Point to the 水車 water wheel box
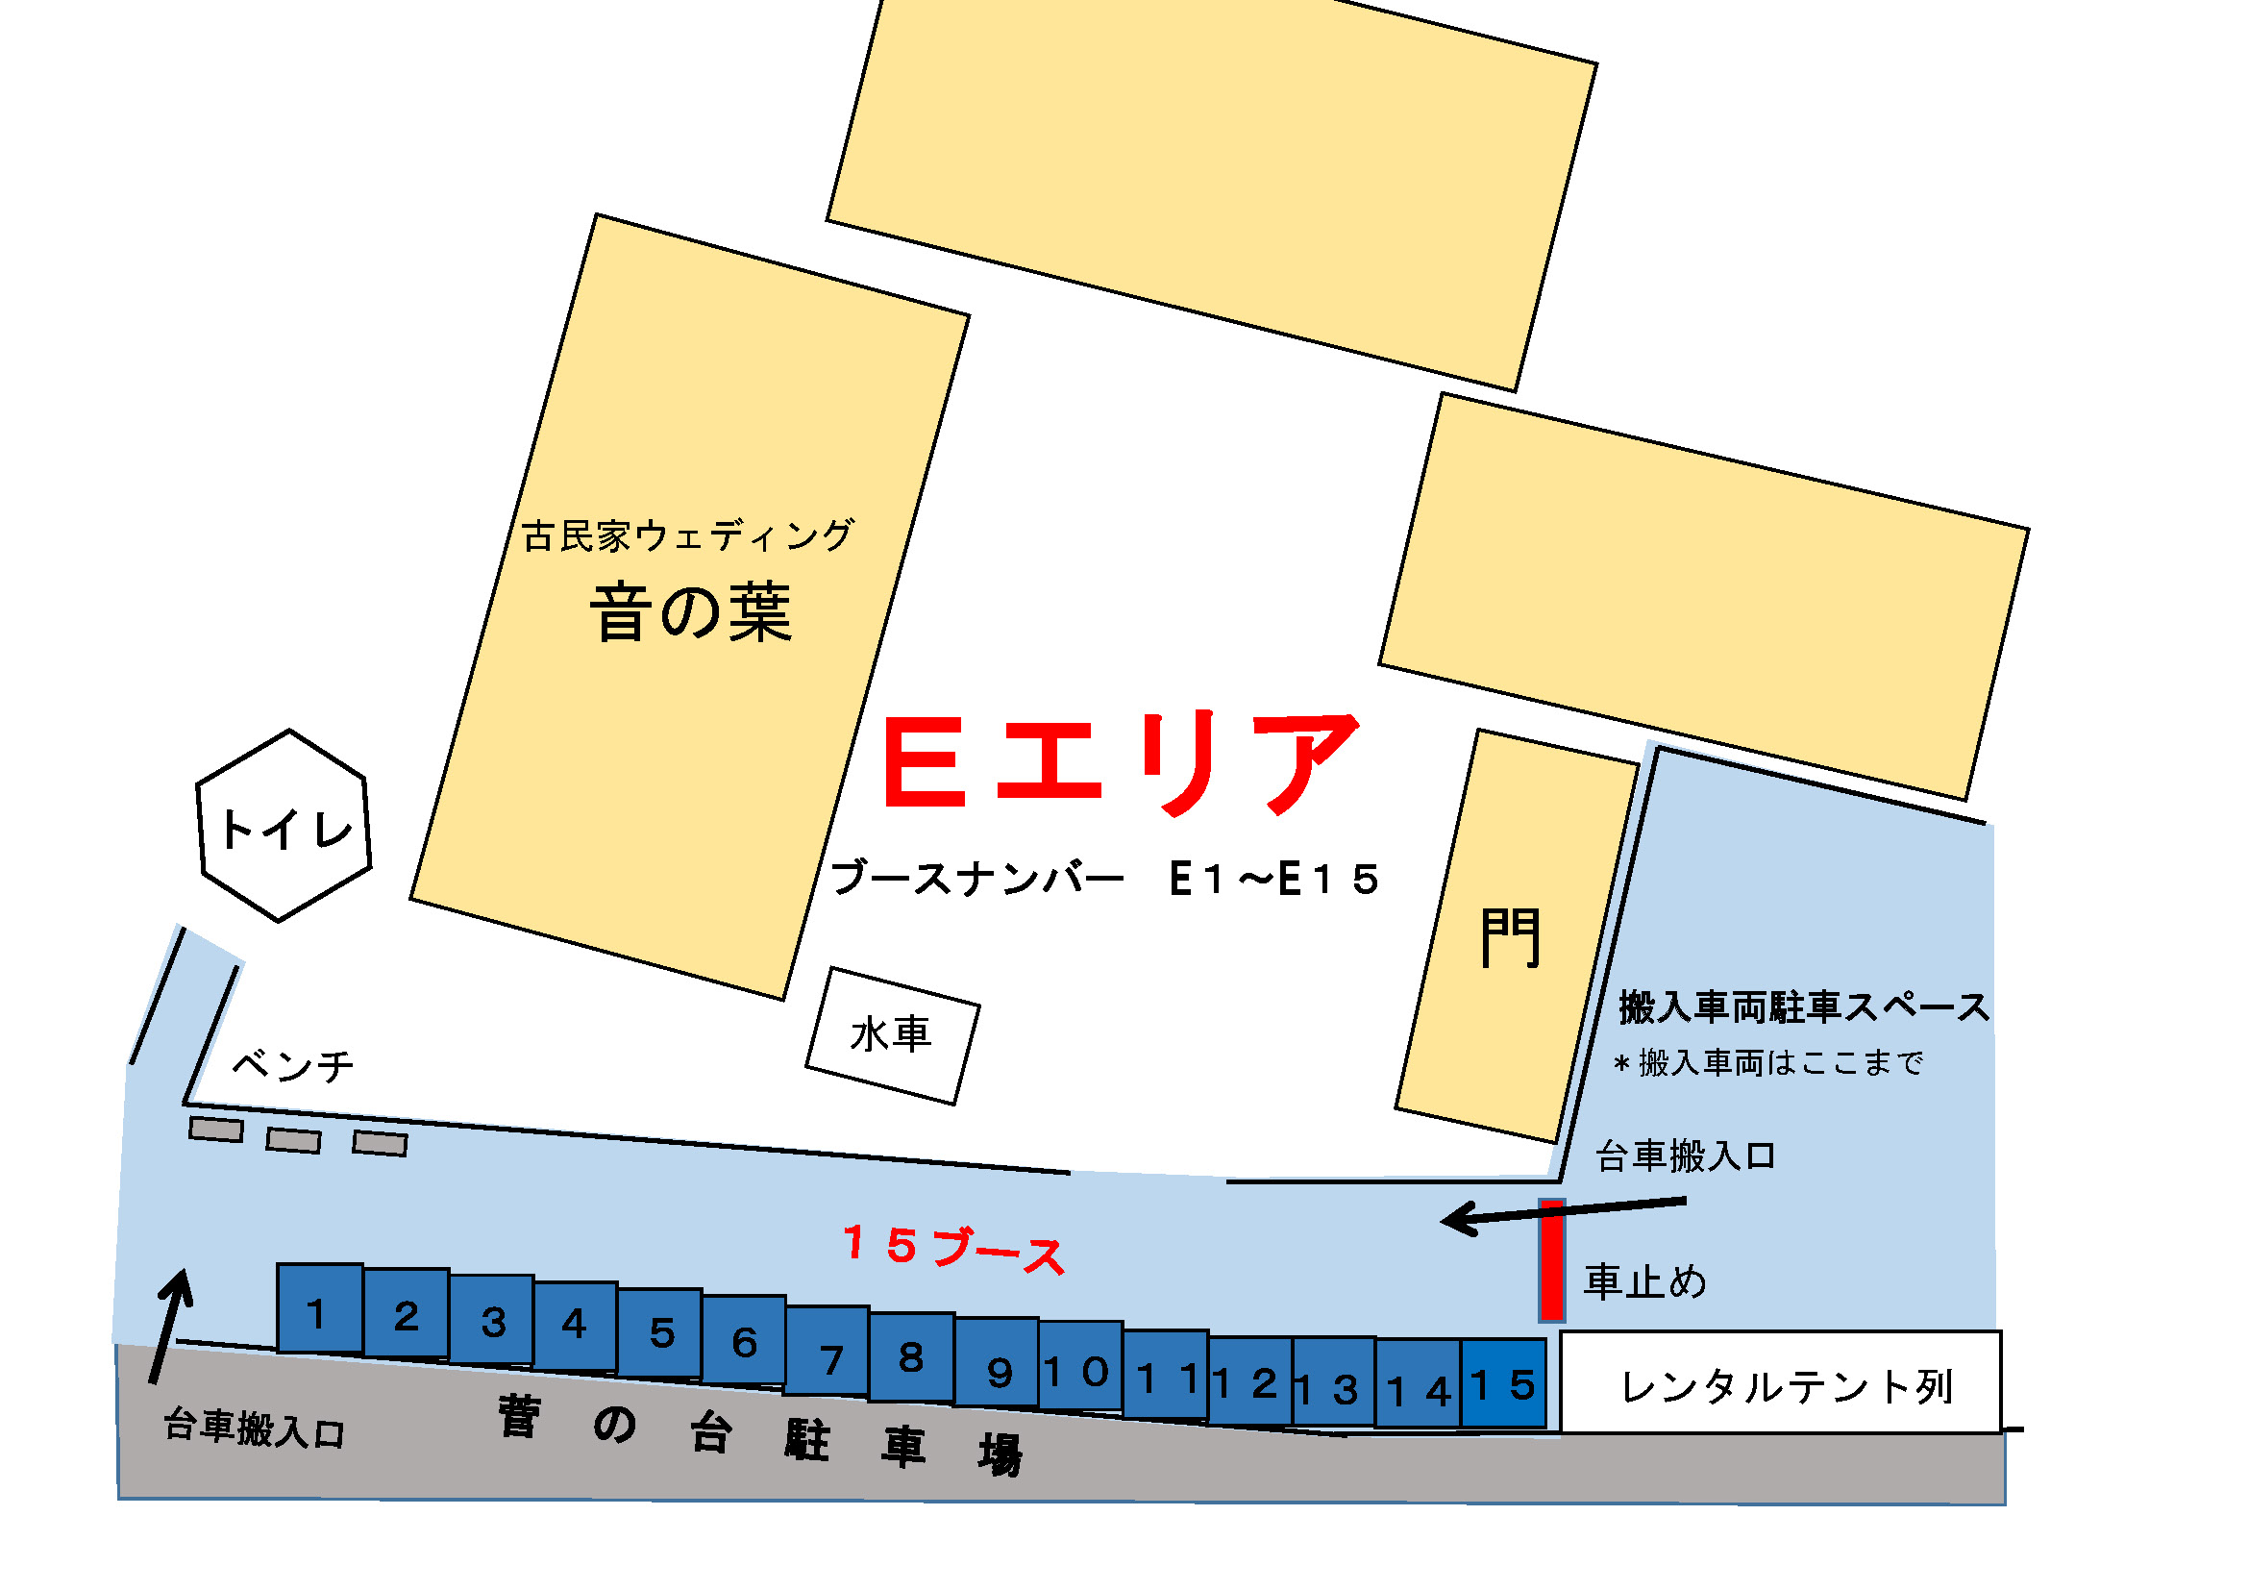coord(892,1037)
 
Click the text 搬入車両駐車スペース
coord(1803,1007)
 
